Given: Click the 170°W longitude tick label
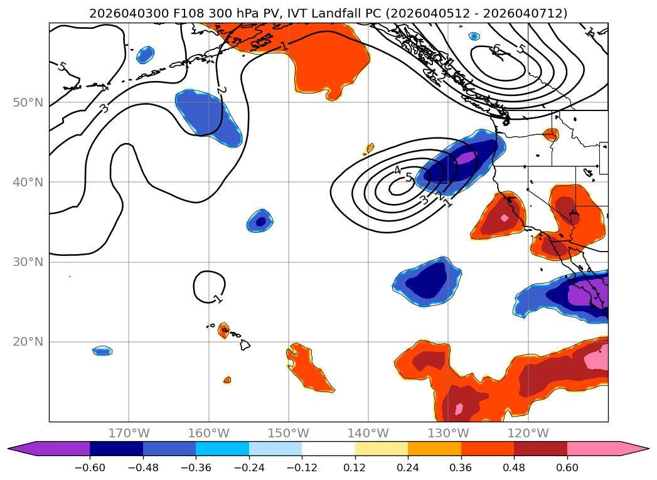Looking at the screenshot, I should click(x=129, y=433).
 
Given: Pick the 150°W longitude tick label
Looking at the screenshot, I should click(x=289, y=433).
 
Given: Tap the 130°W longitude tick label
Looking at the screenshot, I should click(x=449, y=433).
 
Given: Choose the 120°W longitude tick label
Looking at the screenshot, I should click(x=528, y=433).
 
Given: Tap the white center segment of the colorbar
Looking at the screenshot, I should click(x=328, y=448).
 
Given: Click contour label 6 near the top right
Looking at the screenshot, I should click(x=496, y=49).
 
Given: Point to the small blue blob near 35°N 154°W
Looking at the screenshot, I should click(x=260, y=220).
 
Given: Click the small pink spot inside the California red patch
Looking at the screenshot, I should click(x=505, y=218).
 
